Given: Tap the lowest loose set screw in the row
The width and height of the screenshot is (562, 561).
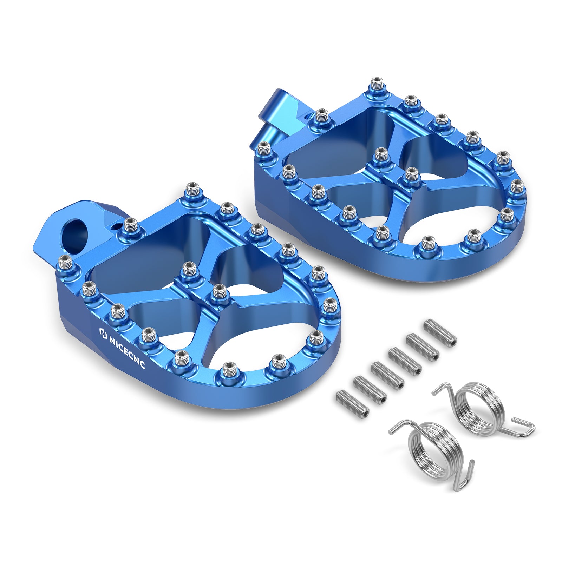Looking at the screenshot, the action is [x=353, y=402].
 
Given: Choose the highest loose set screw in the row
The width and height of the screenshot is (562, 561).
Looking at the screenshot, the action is [x=440, y=332].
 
